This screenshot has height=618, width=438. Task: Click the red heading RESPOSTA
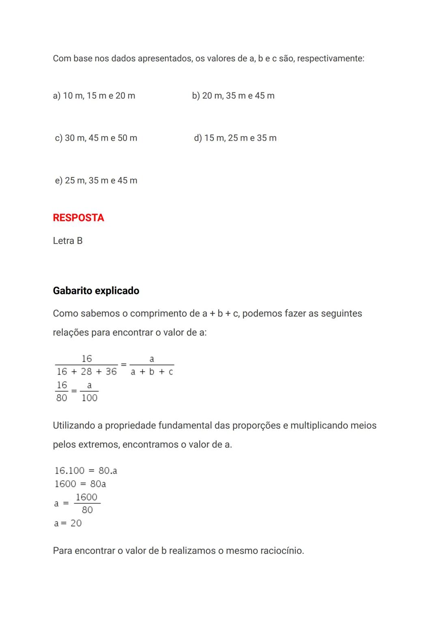[78, 218]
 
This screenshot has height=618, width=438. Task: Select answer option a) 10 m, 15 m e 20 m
[94, 96]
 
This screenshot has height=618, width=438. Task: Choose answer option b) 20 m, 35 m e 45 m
[233, 96]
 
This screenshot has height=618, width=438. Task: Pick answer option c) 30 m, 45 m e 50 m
[96, 138]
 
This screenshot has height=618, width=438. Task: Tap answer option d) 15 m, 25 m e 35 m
[235, 138]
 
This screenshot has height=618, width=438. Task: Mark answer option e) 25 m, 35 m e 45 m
[96, 181]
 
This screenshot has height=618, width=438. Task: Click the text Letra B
[68, 241]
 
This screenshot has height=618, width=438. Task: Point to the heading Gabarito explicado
[96, 291]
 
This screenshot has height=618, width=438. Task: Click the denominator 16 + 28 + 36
[86, 372]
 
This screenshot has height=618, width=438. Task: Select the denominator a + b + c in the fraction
[152, 372]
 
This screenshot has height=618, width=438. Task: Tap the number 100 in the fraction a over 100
[89, 398]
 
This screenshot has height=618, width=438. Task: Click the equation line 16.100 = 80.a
[86, 471]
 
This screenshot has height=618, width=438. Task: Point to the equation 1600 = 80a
[80, 484]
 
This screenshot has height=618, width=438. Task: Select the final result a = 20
[68, 523]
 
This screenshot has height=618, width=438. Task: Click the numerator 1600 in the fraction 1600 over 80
[86, 497]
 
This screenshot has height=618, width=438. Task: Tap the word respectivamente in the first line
[330, 59]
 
